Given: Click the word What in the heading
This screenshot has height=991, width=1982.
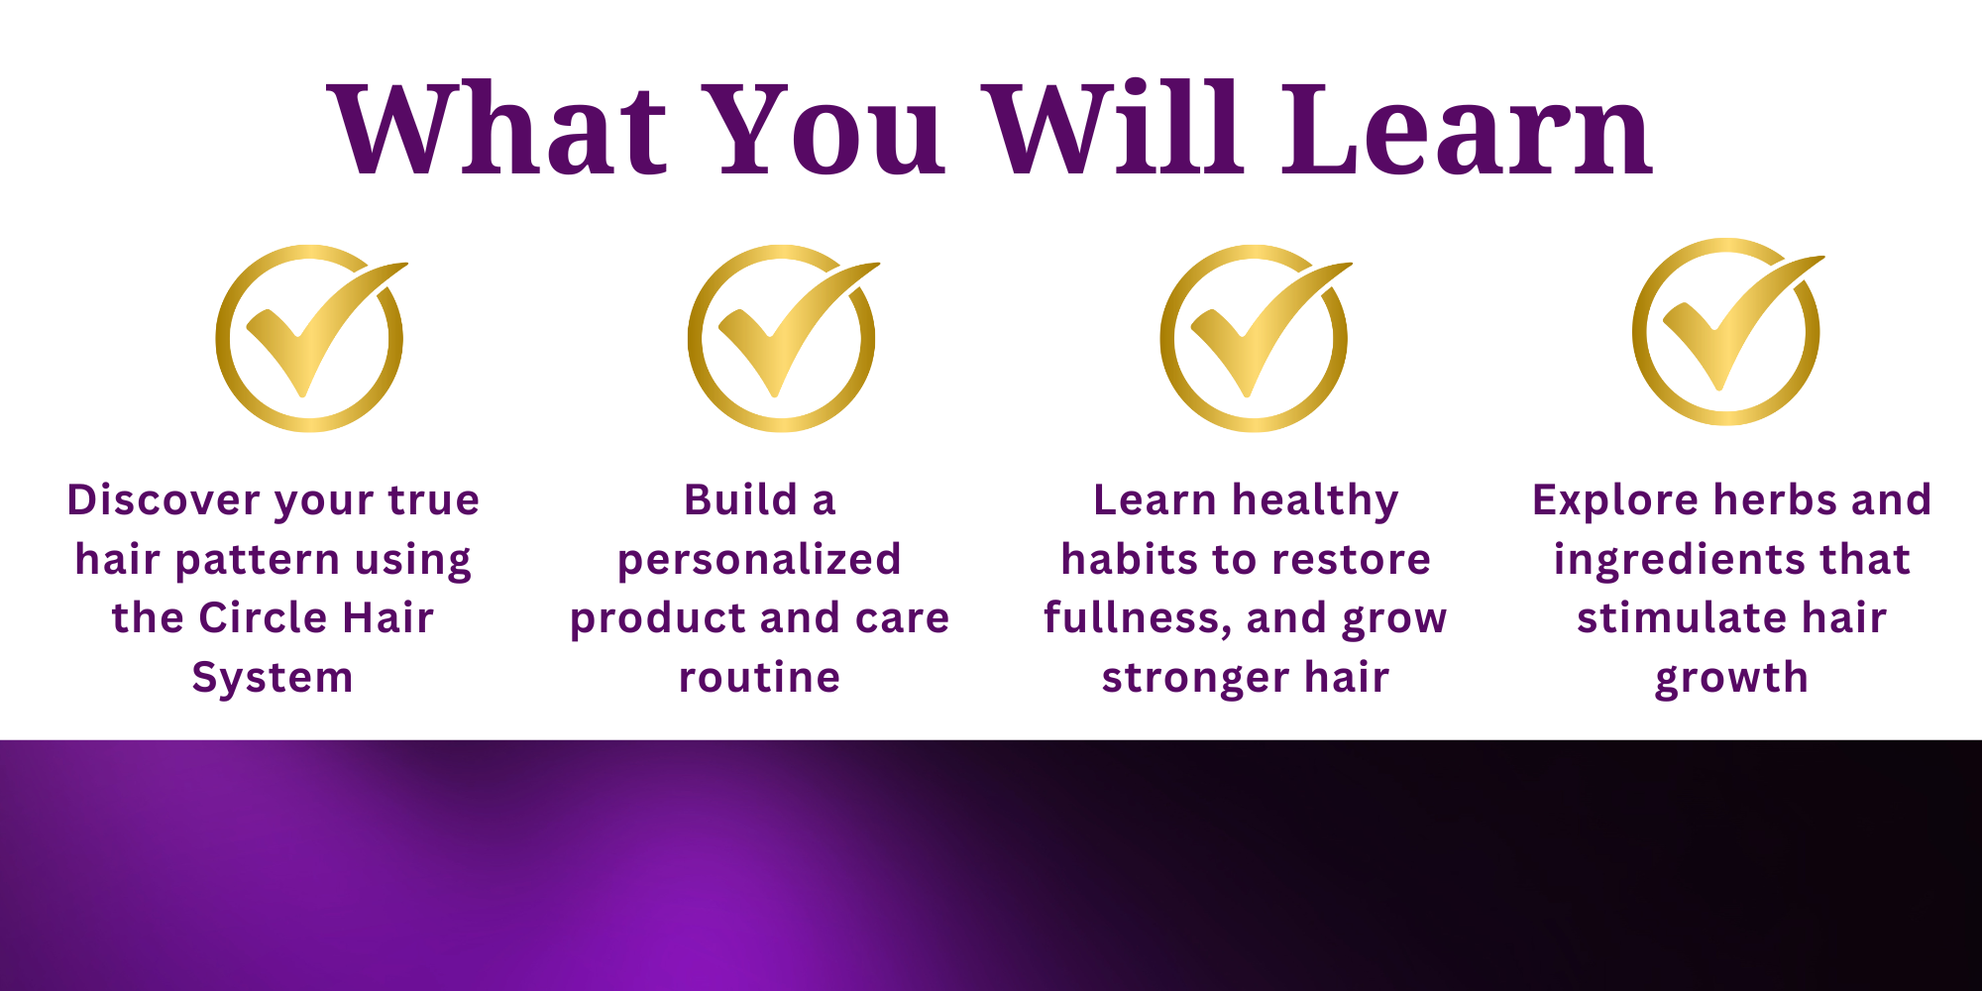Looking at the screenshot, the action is pos(498,130).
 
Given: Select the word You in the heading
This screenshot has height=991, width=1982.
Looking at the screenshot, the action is pos(826,130).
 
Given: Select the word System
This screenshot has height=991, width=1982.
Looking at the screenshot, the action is pos(273,679).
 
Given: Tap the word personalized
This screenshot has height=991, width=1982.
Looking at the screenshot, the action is pos(759,561).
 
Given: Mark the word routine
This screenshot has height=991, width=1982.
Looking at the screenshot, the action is pos(759,677).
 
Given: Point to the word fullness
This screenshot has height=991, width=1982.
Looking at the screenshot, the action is pos(1138,618).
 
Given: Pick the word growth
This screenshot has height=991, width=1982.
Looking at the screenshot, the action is pos(1731,679).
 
